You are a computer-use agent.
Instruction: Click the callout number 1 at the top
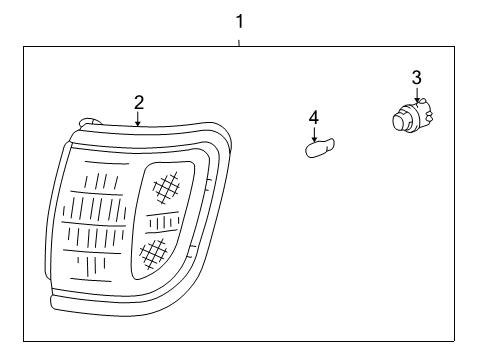click(x=239, y=20)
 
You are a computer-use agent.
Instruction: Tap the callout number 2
click(x=139, y=101)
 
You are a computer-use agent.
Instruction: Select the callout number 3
click(x=416, y=77)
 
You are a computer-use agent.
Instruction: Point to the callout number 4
click(x=313, y=118)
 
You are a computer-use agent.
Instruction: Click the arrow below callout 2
click(x=139, y=118)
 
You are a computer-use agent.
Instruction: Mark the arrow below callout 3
click(x=416, y=95)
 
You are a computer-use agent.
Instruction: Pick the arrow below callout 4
click(x=313, y=135)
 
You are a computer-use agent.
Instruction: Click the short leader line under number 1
click(x=239, y=40)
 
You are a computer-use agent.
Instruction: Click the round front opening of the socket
click(x=401, y=123)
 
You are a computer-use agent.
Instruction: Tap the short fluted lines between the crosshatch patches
click(x=162, y=220)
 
